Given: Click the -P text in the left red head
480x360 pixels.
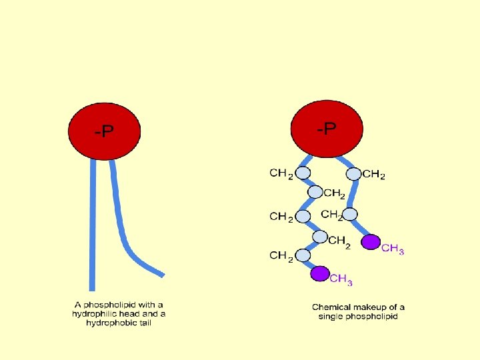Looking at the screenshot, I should coord(104,133).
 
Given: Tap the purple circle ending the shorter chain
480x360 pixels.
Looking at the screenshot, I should coord(371,241).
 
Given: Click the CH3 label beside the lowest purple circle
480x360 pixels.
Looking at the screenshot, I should coord(341,279).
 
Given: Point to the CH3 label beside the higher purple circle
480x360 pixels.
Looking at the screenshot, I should coord(393,249).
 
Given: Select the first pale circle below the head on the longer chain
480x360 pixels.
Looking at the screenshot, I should coord(303,173).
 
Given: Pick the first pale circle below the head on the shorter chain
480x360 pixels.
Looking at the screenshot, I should coord(354,173).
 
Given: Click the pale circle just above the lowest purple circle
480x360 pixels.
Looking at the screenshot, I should coord(303,255).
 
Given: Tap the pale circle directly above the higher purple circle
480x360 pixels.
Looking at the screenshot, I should coord(350,215).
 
